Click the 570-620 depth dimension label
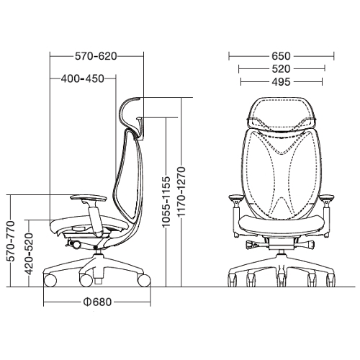pos(96,56)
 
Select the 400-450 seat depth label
pos(83,78)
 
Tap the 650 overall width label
pos(281,56)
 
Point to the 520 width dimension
pos(281,69)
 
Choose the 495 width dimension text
pos(281,82)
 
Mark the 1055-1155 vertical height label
pos(166,202)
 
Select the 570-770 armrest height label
pos(11,241)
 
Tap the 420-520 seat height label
pos(29,254)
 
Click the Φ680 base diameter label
pos(97,302)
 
